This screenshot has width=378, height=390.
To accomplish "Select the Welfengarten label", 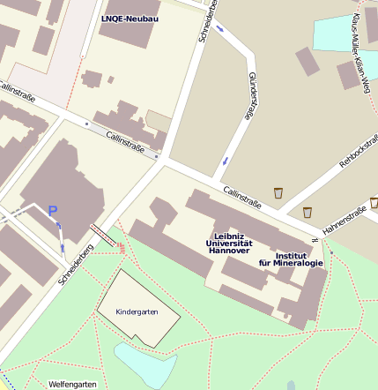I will click(x=71, y=384).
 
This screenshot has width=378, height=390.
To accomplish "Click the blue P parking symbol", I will click(x=52, y=211).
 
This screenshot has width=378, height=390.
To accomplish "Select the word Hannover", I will click(x=229, y=251).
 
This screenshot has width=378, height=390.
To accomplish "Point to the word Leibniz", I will click(x=229, y=235).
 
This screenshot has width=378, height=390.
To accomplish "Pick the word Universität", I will click(x=229, y=243).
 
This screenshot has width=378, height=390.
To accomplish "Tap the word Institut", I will click(x=291, y=255).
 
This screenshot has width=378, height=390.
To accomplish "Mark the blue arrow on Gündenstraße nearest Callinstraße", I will click(x=226, y=161).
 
